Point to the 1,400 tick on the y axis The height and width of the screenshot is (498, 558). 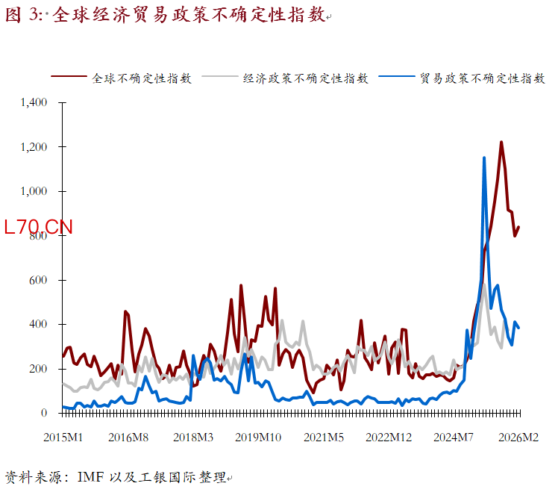34,102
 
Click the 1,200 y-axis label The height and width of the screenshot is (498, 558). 34,147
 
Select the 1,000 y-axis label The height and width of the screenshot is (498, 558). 34,191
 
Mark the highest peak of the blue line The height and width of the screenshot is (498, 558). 484,158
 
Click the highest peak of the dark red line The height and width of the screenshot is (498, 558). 501,142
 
